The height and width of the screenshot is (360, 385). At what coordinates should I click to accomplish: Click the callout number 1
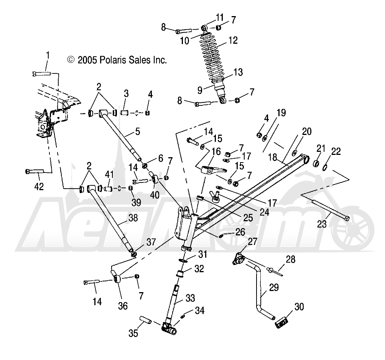click(48, 56)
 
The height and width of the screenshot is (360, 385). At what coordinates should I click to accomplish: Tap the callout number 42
click(39, 187)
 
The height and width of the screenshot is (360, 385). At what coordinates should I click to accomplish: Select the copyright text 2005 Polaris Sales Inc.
click(117, 60)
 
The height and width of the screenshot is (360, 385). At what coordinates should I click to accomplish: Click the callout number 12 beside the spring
click(233, 40)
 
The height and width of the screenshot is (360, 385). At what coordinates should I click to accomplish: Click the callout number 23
click(322, 224)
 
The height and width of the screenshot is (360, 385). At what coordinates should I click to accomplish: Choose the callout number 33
click(190, 298)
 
